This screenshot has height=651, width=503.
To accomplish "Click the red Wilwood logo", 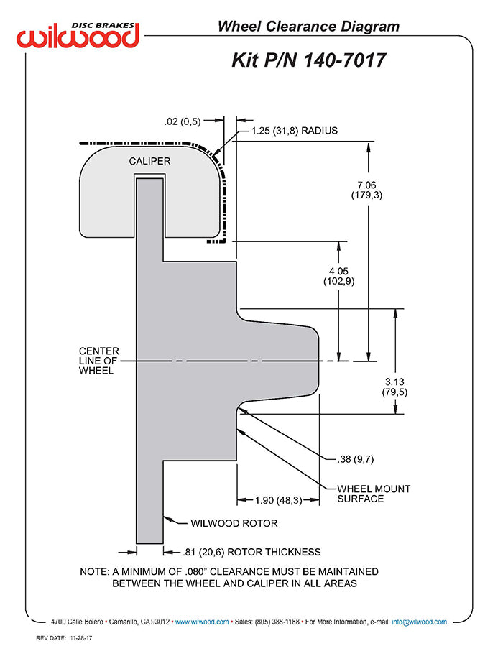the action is click(x=78, y=37).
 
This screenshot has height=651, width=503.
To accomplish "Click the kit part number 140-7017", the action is click(x=345, y=60).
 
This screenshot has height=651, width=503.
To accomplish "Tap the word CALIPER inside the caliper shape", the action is click(x=149, y=161).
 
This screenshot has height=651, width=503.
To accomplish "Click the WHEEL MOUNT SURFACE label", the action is click(x=374, y=494).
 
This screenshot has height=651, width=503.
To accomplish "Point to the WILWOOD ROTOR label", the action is click(x=234, y=523).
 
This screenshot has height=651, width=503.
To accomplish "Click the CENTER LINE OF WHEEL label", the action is click(x=99, y=361).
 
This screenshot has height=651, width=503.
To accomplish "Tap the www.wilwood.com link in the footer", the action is click(x=202, y=622).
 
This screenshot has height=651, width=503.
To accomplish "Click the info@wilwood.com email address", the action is click(x=419, y=622).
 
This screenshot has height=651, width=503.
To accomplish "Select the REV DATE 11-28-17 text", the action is click(x=64, y=638).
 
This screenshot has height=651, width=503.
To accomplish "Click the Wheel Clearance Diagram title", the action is click(x=308, y=27).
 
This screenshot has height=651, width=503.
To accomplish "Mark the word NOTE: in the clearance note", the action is click(x=94, y=572).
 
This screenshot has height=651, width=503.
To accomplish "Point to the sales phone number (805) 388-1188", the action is click(x=277, y=622).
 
